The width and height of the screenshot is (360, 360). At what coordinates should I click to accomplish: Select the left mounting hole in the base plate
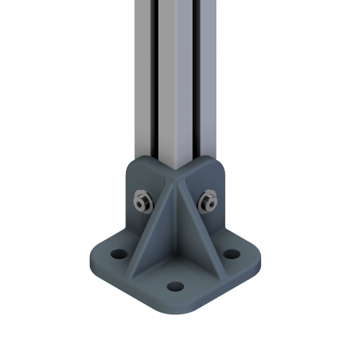[x=117, y=254]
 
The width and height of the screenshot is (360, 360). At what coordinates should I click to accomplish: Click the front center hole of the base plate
[x=175, y=286]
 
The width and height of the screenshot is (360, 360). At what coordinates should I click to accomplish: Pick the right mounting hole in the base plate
[x=230, y=254]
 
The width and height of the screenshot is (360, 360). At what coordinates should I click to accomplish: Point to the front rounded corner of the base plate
[x=175, y=309]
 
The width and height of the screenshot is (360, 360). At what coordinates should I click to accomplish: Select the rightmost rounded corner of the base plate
[x=258, y=256]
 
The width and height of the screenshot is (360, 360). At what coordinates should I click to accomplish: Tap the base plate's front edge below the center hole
[x=175, y=303]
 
